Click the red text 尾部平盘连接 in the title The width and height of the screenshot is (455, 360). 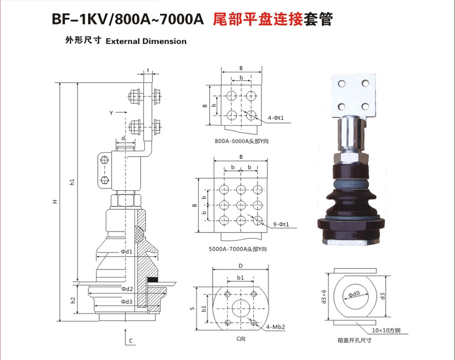(x=258, y=19)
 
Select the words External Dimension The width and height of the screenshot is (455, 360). (x=146, y=41)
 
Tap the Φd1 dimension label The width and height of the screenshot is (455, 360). (x=126, y=252)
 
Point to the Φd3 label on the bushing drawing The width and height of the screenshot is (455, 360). (x=126, y=301)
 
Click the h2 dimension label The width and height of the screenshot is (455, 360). (x=73, y=300)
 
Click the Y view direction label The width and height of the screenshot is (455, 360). (x=111, y=113)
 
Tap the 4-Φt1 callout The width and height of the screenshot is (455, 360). (x=275, y=118)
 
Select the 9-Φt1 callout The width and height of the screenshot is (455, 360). (x=281, y=224)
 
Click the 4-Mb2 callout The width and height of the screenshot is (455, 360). (x=275, y=327)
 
